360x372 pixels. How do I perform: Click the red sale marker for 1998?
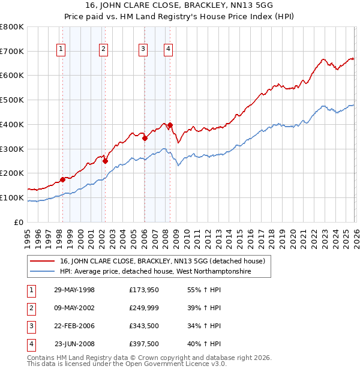point(62,179)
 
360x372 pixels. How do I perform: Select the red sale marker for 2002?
point(105,161)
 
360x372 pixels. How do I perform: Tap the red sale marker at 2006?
point(145,138)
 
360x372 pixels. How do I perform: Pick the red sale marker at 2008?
point(170,125)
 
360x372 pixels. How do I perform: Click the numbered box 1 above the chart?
point(61,49)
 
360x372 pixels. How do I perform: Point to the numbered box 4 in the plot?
point(169,49)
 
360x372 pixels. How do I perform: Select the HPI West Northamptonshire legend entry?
point(155,272)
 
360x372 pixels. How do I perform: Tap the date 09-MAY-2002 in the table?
point(74,308)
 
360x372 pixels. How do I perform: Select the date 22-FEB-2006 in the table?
point(74,326)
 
